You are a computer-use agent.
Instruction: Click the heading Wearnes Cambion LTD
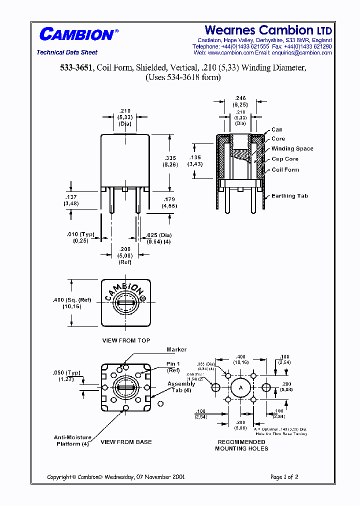click(x=268, y=30)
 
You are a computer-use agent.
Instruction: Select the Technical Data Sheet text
click(x=67, y=52)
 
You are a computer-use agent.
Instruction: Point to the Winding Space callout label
click(x=292, y=149)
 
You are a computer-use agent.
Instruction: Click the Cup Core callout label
click(x=285, y=159)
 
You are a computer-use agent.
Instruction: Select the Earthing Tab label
click(x=289, y=196)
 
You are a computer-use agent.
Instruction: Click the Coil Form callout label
click(x=285, y=169)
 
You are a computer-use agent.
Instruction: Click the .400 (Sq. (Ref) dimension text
click(x=72, y=300)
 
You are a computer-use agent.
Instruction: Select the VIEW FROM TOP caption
click(x=126, y=340)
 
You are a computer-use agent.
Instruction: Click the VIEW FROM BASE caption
click(x=126, y=442)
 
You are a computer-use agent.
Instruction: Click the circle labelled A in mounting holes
click(x=240, y=388)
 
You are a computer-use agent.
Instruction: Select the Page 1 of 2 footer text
click(x=284, y=477)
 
